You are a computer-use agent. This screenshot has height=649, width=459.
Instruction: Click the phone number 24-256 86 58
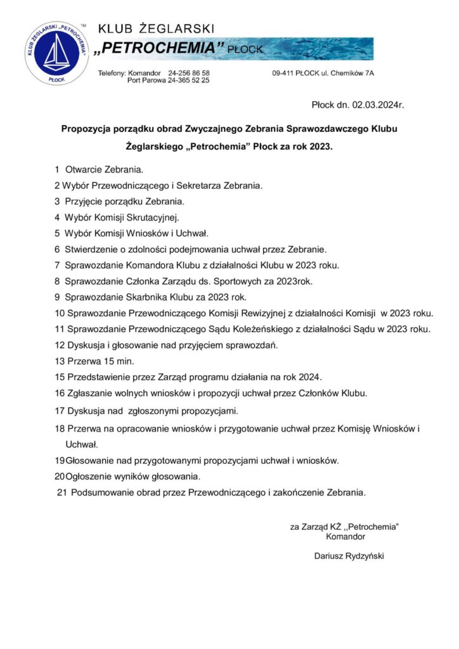pyautogui.click(x=189, y=73)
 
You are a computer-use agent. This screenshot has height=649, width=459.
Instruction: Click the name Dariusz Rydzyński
pyautogui.click(x=349, y=556)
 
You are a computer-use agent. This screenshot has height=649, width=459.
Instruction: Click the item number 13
pyautogui.click(x=60, y=361)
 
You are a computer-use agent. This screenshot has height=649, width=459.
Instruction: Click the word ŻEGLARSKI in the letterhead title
pyautogui.click(x=180, y=29)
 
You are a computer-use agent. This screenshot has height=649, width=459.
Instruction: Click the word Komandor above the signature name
pyautogui.click(x=345, y=536)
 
